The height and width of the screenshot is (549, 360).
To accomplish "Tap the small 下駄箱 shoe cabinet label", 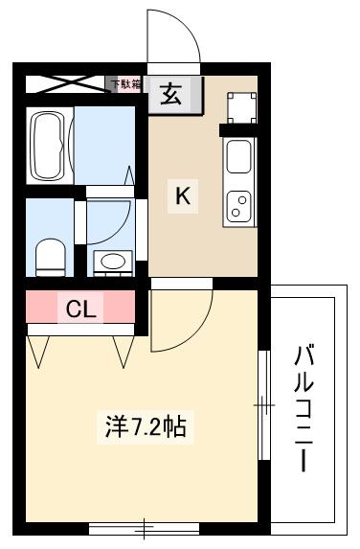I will tap(125, 84).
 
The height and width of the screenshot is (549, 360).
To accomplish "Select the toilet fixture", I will tap(48, 255).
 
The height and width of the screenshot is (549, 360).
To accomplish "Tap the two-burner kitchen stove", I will tap(238, 204).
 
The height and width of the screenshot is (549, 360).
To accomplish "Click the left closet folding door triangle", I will tap(39, 350).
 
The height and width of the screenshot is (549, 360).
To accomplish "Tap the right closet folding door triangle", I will tap(123, 350).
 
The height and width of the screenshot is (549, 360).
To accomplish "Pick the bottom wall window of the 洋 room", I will tap(144, 526).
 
